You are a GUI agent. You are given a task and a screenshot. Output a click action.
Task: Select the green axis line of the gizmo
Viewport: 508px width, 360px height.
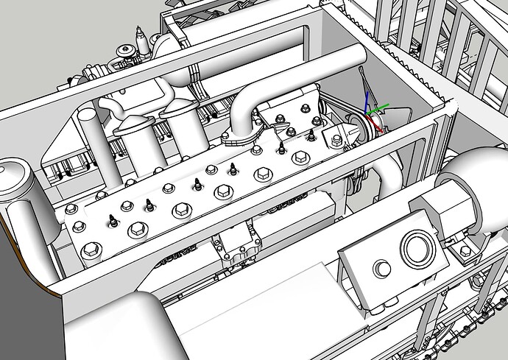378,110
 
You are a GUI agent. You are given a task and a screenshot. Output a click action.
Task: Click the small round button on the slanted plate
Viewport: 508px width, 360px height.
381,268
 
